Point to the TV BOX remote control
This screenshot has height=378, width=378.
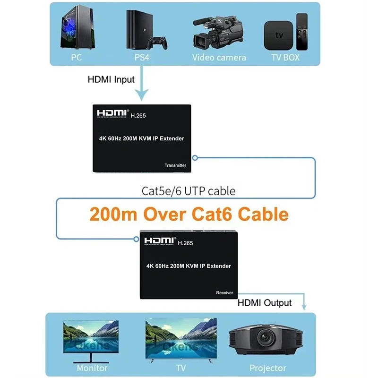(302, 32)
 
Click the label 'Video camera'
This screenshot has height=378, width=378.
(219, 58)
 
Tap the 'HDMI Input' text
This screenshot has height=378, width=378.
(111, 80)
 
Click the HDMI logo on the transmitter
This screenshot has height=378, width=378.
(112, 113)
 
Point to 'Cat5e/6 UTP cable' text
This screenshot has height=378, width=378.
(189, 191)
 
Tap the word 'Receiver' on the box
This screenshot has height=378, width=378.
(224, 292)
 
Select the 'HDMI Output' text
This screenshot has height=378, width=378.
(264, 302)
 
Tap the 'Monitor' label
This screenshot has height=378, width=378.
(92, 368)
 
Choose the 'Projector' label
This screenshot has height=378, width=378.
(268, 368)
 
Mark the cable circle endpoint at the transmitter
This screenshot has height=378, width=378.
(195, 158)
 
